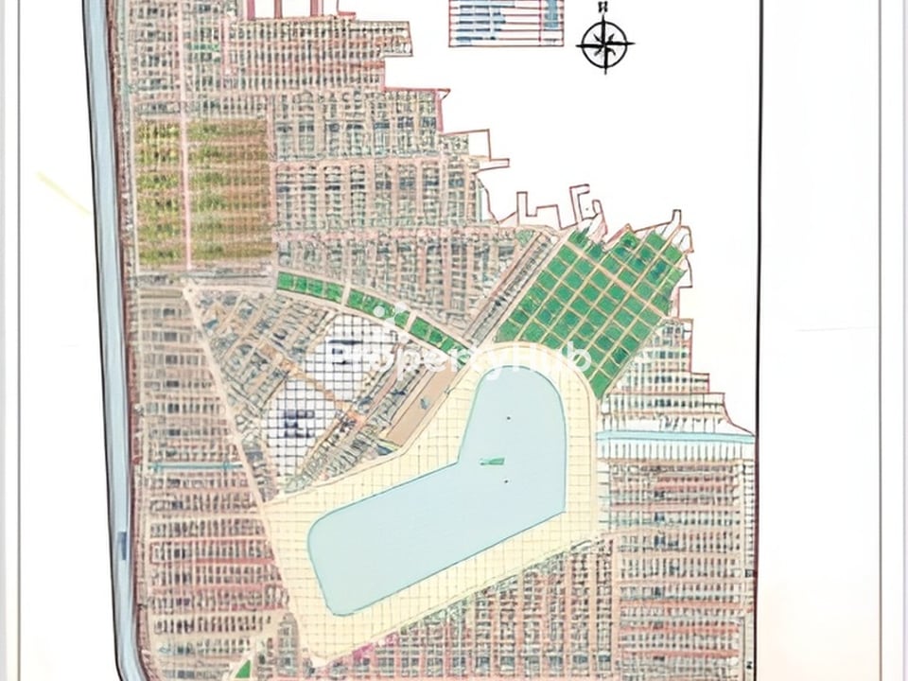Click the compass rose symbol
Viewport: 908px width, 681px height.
[604, 44]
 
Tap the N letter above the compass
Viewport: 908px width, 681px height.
[603, 8]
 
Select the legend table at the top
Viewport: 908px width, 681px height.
[506, 22]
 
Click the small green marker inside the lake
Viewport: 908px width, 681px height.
[491, 462]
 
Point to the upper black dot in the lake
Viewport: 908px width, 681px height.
[506, 418]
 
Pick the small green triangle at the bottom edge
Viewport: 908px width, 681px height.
[244, 670]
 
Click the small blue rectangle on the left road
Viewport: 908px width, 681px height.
[122, 543]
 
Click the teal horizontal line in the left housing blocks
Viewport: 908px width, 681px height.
[194, 466]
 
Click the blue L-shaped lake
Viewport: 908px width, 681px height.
[445, 501]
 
